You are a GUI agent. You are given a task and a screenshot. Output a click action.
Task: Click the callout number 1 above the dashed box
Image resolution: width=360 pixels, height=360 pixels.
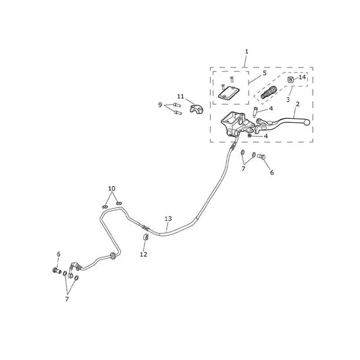click(247, 51)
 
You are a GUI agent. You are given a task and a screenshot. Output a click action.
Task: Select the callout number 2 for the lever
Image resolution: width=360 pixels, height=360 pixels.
click(298, 104)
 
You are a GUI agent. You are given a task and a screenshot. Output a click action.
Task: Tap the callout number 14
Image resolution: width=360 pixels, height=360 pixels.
click(302, 77)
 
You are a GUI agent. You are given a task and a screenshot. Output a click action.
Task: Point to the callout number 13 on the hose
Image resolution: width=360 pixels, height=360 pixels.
click(168, 219)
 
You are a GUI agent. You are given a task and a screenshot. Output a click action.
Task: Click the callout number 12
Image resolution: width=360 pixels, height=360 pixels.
click(144, 255)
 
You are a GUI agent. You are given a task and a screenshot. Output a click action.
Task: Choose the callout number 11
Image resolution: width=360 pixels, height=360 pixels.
click(180, 97)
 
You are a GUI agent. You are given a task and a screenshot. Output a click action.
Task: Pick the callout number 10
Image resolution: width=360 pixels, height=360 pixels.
click(111, 188)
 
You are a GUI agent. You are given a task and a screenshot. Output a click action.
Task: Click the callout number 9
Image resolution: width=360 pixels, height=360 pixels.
click(160, 105)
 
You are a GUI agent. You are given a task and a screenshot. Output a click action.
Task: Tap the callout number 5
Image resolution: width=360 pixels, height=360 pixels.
click(265, 73)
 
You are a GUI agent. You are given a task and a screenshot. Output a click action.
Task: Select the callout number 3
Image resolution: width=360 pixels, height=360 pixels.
click(288, 100)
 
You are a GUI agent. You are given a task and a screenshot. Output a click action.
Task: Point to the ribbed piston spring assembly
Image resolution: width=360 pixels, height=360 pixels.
click(269, 93)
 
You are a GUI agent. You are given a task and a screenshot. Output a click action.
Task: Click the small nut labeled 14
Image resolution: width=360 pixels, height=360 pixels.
click(290, 80)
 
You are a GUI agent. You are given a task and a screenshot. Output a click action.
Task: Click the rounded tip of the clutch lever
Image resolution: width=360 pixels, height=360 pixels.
click(307, 122)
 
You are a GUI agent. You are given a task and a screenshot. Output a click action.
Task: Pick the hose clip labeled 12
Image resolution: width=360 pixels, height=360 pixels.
click(146, 237)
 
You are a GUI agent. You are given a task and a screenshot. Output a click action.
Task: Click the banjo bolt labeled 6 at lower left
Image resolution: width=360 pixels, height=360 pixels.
click(57, 271)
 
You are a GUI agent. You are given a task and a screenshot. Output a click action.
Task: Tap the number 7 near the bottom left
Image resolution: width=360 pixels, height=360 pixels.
click(67, 299)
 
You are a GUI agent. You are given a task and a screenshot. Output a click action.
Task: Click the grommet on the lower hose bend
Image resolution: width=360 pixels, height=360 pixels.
click(113, 256)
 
